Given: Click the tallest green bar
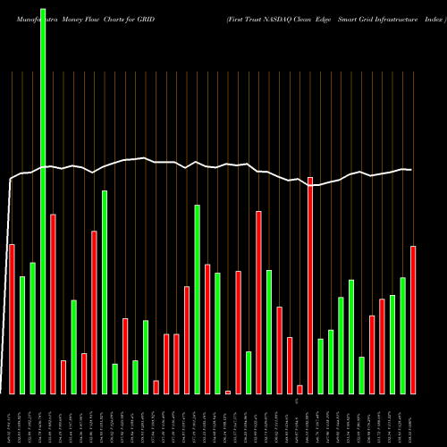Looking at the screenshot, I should coord(43,197).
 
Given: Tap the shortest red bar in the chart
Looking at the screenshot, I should coord(228,392).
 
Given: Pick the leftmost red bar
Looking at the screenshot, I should coord(12,318).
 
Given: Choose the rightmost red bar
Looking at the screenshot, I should coord(413,319).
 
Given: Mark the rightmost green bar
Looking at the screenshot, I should coord(403,335).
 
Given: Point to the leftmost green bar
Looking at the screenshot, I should coord(22,335).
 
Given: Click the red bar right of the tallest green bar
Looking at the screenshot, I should coord(53,304).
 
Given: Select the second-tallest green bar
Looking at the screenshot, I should coord(105,291).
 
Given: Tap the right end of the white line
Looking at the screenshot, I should coord(412,170).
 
